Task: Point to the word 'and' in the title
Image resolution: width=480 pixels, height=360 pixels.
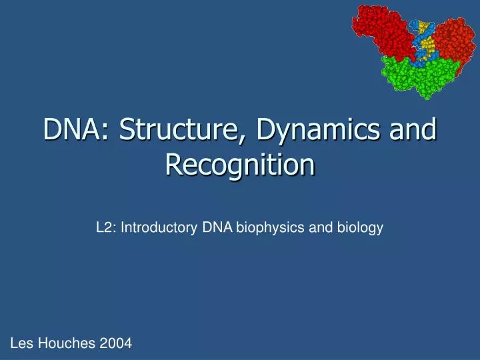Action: (x=413, y=130)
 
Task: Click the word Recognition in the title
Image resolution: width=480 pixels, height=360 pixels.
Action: (x=239, y=165)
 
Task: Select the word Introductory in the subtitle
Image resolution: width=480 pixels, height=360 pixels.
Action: (x=157, y=228)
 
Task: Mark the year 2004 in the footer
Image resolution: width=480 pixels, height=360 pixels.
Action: (x=116, y=343)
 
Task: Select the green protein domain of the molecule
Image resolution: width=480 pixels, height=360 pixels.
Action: (x=417, y=77)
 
